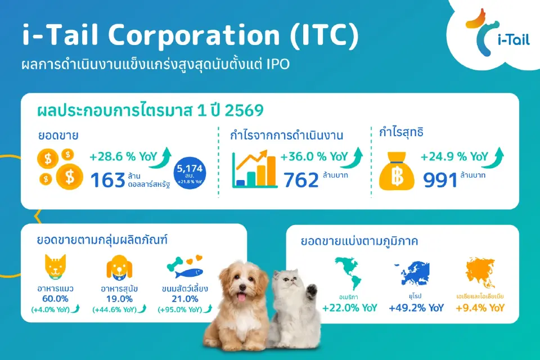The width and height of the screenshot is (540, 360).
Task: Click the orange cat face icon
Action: point(56,267)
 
